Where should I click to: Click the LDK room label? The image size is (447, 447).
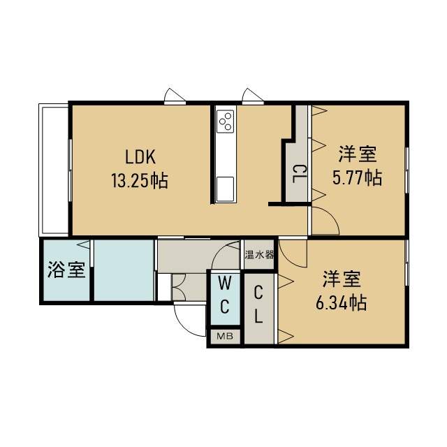click(x=140, y=156)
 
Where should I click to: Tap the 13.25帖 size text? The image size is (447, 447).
click(x=139, y=180)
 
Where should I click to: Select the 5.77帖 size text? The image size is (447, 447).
click(x=357, y=177)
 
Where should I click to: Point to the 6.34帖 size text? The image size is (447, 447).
click(x=342, y=302)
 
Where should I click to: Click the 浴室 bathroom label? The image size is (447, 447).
click(x=66, y=270)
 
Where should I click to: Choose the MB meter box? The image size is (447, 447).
click(x=225, y=337)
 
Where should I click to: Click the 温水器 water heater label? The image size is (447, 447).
click(x=259, y=254)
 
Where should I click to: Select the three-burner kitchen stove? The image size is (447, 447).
click(x=225, y=121)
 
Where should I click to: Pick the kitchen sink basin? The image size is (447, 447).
click(x=225, y=189)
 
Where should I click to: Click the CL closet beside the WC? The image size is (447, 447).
click(x=259, y=309)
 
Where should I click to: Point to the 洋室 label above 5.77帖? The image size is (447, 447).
click(x=358, y=154)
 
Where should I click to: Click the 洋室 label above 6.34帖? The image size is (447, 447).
click(x=342, y=279)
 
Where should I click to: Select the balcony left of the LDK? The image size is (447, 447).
click(x=54, y=170)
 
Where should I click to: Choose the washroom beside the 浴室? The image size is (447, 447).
click(x=124, y=270)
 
